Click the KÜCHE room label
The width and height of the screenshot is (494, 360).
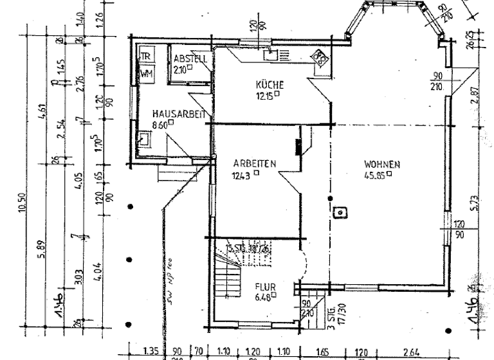[x=270, y=85]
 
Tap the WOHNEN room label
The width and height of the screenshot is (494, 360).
[x=381, y=164]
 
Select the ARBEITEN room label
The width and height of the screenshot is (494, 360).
[x=255, y=163]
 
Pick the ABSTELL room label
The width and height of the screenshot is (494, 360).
[x=189, y=59]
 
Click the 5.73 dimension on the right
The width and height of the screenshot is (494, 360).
[x=474, y=203]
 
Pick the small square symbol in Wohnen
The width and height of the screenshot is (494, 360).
[x=339, y=211]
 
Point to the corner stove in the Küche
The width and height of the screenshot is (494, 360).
[x=318, y=59]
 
